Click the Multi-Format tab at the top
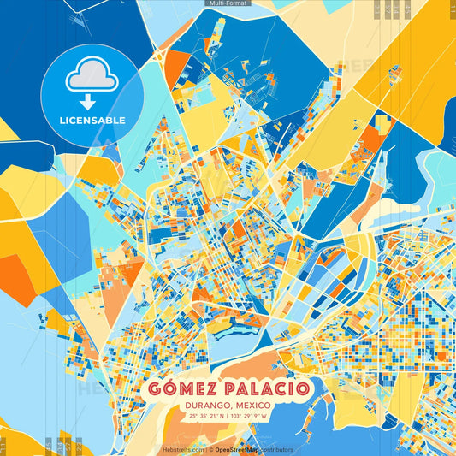(x=228, y=3)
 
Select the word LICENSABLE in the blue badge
(x=92, y=121)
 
